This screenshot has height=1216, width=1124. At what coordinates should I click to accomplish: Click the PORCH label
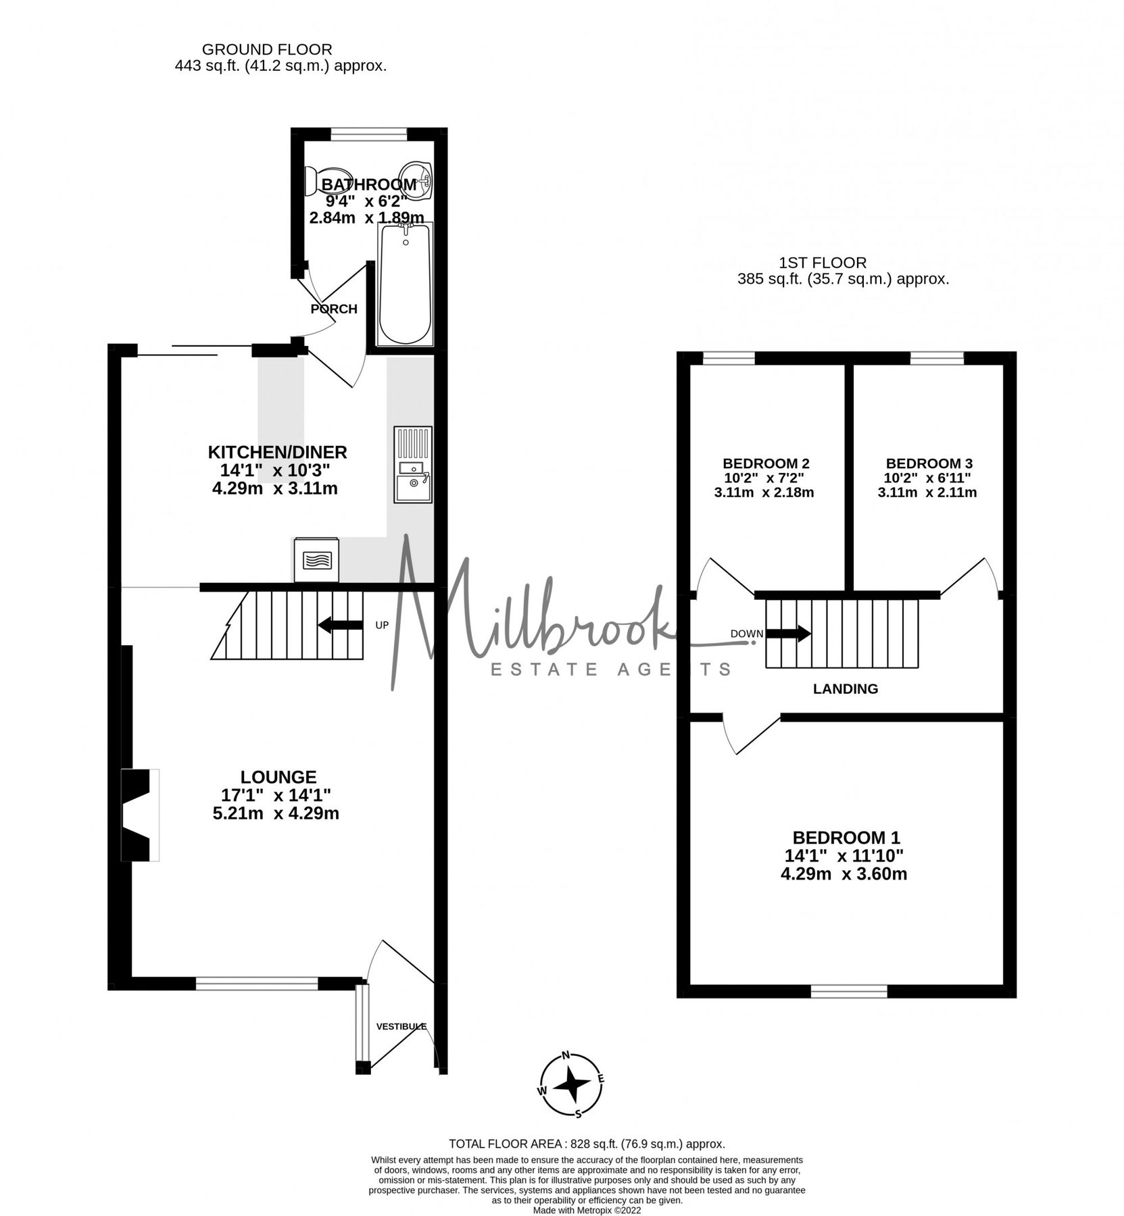[333, 309]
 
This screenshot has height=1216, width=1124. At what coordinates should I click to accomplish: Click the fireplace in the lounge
[139, 815]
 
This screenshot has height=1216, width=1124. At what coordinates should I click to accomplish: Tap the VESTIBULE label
[401, 1026]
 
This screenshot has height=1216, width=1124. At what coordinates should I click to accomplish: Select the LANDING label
[845, 689]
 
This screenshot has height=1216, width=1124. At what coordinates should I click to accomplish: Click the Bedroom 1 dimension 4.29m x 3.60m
[844, 874]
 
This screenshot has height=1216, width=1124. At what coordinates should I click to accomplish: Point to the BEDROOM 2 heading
[765, 463]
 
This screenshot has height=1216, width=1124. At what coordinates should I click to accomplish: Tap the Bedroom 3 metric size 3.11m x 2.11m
[927, 492]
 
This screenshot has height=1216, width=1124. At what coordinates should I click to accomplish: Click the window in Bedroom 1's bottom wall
[848, 990]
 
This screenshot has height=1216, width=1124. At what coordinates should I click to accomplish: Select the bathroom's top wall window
[368, 134]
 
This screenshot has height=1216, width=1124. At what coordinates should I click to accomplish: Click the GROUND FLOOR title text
[267, 49]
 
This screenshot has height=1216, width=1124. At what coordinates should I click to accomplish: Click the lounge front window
[257, 984]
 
